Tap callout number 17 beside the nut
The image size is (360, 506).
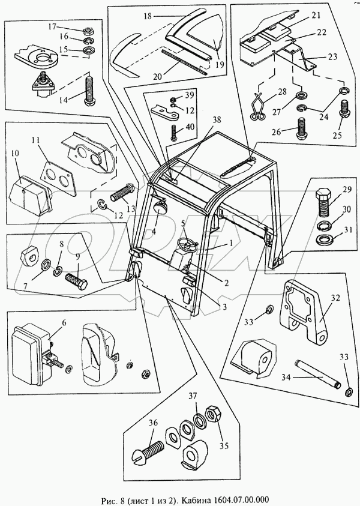[52, 26]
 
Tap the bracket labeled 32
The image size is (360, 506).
[304, 309]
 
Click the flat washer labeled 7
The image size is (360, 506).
[46, 265]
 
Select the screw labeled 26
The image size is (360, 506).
[302, 128]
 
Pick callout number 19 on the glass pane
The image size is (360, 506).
[220, 65]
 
